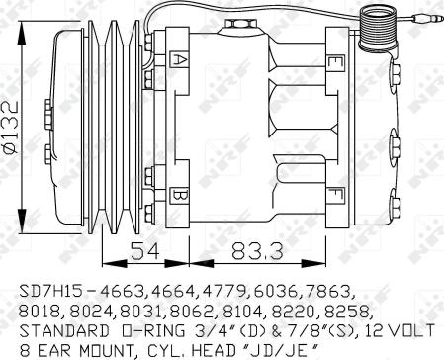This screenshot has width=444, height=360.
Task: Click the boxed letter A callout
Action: click(178, 59)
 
